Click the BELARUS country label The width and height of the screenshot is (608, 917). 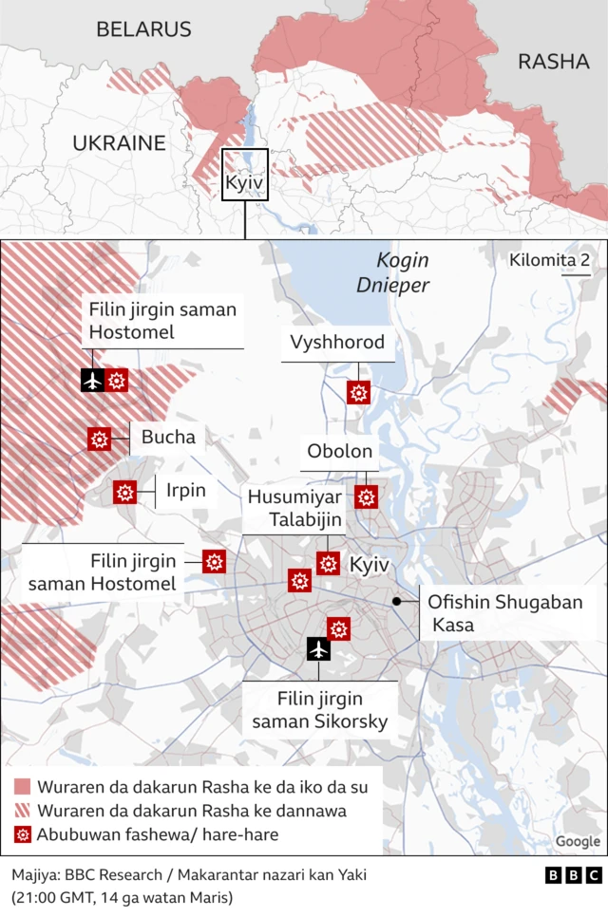coord(143,29)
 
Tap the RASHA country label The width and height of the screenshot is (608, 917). coord(554,62)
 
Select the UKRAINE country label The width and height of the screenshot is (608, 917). coord(120,143)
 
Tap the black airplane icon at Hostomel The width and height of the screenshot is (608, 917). coord(92,381)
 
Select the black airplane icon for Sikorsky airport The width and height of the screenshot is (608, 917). coord(318,649)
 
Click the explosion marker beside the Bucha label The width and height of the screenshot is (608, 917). coord(99,439)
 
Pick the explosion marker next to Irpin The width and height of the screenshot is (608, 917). coord(124,493)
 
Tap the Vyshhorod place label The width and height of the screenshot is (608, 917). coord(338,343)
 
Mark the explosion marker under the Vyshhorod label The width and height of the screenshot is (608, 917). coord(358,392)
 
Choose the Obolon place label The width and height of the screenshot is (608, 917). coord(339,452)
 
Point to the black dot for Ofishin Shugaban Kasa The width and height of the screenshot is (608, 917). coord(396,602)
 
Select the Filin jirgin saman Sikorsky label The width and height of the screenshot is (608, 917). coord(319,710)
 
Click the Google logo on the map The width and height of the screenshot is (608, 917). coord(577,841)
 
